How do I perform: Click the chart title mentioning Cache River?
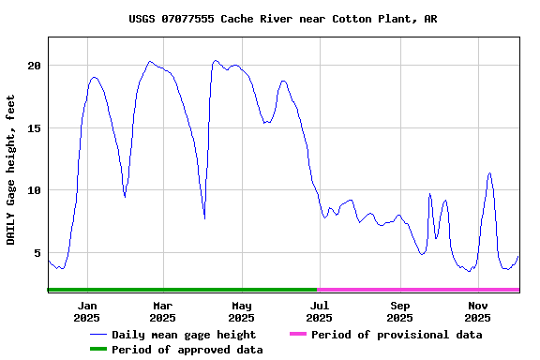(282, 19)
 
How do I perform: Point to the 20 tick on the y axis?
(34, 66)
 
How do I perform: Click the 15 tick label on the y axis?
(34, 128)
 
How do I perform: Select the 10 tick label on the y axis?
(34, 190)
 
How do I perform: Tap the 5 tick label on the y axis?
(37, 253)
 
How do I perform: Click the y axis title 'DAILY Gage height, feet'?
(11, 170)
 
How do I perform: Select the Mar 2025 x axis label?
(162, 311)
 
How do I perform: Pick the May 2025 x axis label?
(242, 311)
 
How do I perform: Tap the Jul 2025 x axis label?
(320, 311)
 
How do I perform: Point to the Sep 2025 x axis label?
(400, 311)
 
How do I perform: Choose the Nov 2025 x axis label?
(478, 311)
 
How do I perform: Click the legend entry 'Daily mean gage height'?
(184, 335)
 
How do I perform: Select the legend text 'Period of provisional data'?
(397, 335)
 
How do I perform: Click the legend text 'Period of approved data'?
(187, 350)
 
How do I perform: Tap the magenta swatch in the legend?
(298, 335)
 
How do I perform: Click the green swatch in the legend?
(98, 350)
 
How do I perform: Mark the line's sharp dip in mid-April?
(204, 218)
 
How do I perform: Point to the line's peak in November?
(489, 173)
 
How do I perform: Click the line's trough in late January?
(125, 196)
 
